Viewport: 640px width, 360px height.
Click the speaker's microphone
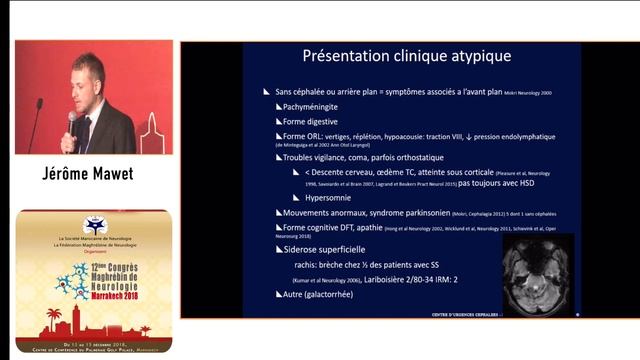pos(72,119)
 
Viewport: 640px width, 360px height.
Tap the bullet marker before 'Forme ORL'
pos(277,136)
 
